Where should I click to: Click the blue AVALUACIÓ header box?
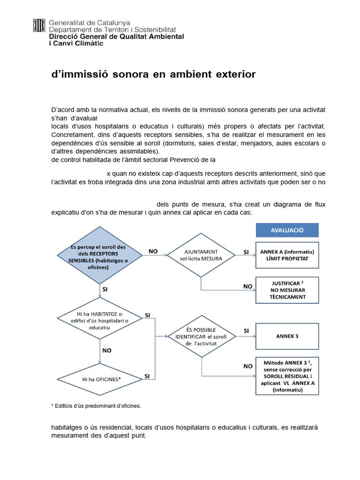[x=287, y=230]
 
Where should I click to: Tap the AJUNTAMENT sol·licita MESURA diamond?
[x=201, y=255]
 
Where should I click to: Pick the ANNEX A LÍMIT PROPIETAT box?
[x=287, y=255]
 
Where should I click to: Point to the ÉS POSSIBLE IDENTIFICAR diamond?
[x=201, y=336]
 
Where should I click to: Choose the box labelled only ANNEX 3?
[x=287, y=336]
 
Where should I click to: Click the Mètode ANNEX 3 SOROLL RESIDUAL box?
[x=287, y=376]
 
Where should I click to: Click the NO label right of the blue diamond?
[x=153, y=251]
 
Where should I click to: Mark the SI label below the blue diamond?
[x=105, y=290]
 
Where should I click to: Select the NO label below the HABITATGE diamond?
[x=106, y=350]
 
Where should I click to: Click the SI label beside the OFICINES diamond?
[x=147, y=376]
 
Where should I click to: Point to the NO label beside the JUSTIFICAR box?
[x=247, y=286]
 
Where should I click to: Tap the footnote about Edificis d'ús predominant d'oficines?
[x=96, y=405]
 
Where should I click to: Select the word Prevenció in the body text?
[x=181, y=159]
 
